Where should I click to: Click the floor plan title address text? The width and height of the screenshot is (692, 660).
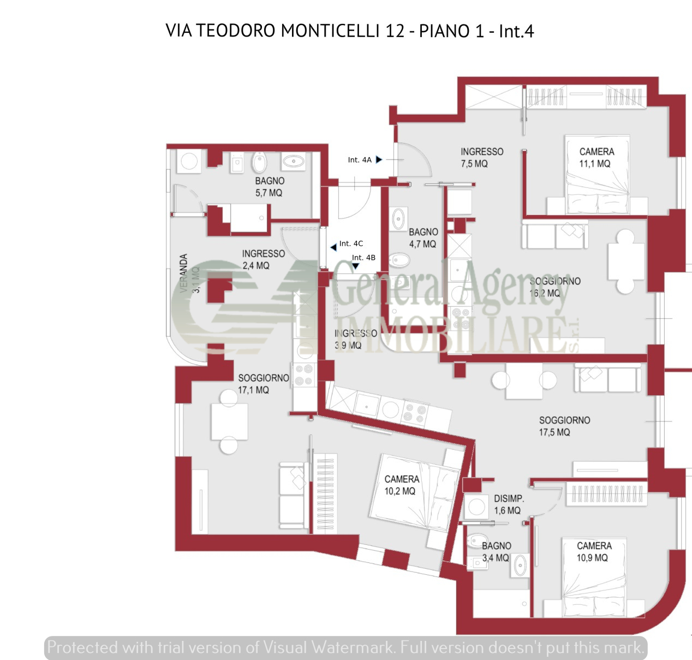(x=349, y=31)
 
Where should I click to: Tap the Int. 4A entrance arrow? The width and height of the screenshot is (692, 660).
(x=379, y=159)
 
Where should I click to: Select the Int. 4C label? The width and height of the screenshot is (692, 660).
(x=351, y=244)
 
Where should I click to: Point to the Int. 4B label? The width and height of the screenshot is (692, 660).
(x=363, y=258)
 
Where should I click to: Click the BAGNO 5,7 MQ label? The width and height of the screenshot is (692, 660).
(x=269, y=187)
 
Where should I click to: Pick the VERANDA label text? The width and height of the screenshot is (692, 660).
(x=184, y=273)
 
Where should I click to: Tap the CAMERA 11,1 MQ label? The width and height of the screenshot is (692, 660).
(x=596, y=157)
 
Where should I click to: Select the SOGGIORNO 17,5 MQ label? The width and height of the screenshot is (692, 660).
(x=564, y=426)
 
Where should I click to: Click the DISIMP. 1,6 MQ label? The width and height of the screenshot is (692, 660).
(x=509, y=504)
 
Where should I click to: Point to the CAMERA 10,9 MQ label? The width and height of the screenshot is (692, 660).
(x=594, y=551)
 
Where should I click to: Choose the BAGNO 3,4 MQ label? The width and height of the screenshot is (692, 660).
(x=496, y=551)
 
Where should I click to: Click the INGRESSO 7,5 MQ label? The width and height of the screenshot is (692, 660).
(x=481, y=157)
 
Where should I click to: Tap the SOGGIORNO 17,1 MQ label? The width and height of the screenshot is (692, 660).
(x=263, y=383)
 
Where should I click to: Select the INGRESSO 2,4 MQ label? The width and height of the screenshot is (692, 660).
(x=263, y=259)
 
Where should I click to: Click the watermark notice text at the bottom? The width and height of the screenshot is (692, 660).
(x=345, y=648)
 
